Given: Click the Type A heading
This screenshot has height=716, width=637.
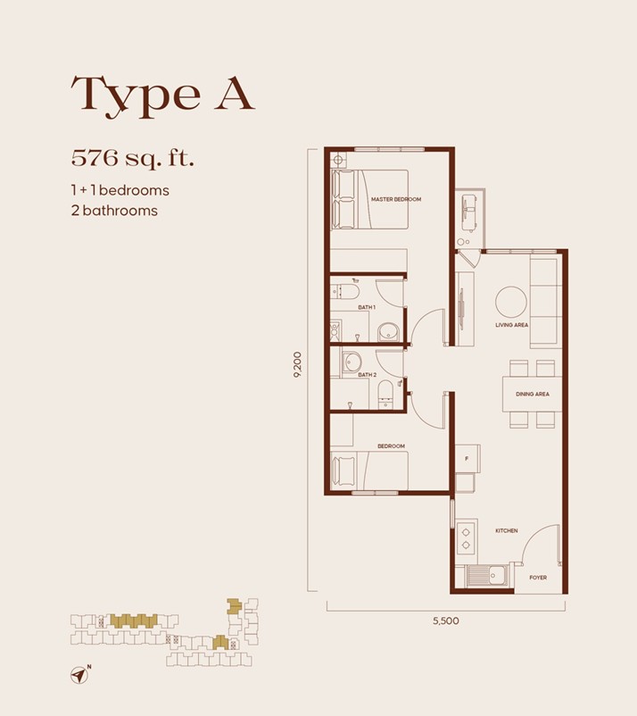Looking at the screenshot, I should click(x=163, y=94).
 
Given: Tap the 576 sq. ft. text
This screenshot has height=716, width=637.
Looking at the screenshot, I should click(x=133, y=160).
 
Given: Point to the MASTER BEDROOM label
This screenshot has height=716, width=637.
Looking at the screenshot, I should click(x=395, y=199).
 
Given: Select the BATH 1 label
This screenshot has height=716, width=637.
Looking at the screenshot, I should click(x=367, y=307).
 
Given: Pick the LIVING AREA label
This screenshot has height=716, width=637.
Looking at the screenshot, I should click(x=512, y=325).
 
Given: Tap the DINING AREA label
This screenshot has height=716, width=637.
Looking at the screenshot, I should click(x=532, y=394).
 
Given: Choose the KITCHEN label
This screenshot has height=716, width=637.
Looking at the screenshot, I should click(x=506, y=530).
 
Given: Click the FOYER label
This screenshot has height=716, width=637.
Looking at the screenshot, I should click(x=537, y=578).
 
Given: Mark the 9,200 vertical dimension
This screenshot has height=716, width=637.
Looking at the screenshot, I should click(x=298, y=367).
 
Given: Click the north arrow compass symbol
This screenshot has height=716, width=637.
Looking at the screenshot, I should click(x=79, y=675).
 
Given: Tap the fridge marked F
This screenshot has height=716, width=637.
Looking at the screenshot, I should click(x=467, y=459).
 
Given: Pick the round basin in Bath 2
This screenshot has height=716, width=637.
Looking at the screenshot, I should click(x=352, y=361).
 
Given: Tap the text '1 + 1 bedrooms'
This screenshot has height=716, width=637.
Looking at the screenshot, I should click(x=120, y=190).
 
